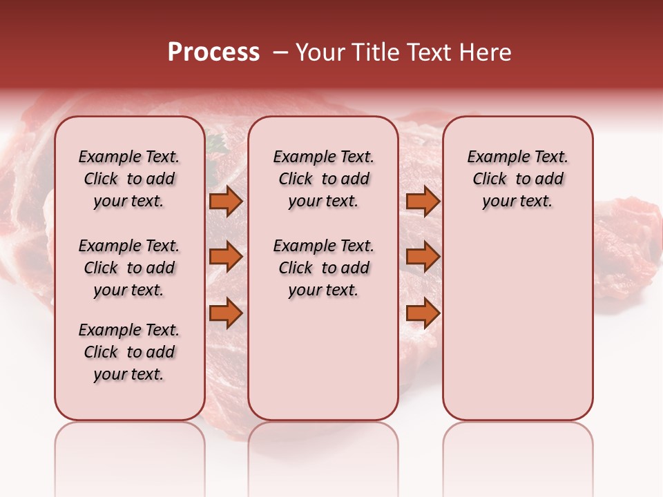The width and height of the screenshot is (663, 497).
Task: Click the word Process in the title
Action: [213, 52]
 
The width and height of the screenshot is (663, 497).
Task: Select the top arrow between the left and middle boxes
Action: [226, 201]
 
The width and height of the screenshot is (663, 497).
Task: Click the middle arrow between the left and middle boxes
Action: [226, 257]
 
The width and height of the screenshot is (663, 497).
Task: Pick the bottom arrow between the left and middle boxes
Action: [226, 313]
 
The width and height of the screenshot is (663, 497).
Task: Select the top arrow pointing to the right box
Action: [423, 201]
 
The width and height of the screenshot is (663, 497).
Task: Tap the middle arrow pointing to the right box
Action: [423, 257]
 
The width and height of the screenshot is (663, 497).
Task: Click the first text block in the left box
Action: [129, 179]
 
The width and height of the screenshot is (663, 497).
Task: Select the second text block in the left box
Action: [129, 268]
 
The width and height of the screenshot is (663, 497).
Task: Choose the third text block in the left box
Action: [129, 352]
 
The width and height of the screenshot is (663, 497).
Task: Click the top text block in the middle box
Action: [323, 179]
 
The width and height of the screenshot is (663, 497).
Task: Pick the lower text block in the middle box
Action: [323, 268]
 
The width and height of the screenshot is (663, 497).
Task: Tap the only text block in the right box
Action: [517, 179]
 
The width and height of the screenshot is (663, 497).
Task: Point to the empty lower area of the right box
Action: [517, 324]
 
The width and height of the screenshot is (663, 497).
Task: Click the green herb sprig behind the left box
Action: [216, 144]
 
